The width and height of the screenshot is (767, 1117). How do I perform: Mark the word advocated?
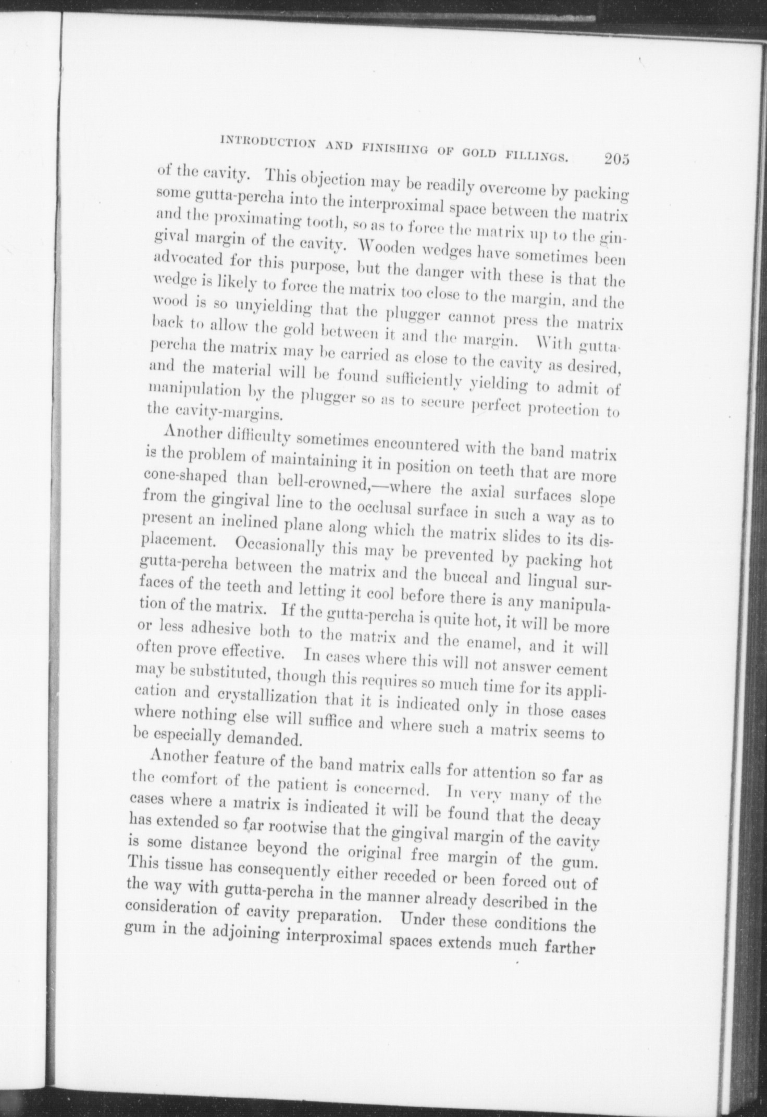click(185, 258)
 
